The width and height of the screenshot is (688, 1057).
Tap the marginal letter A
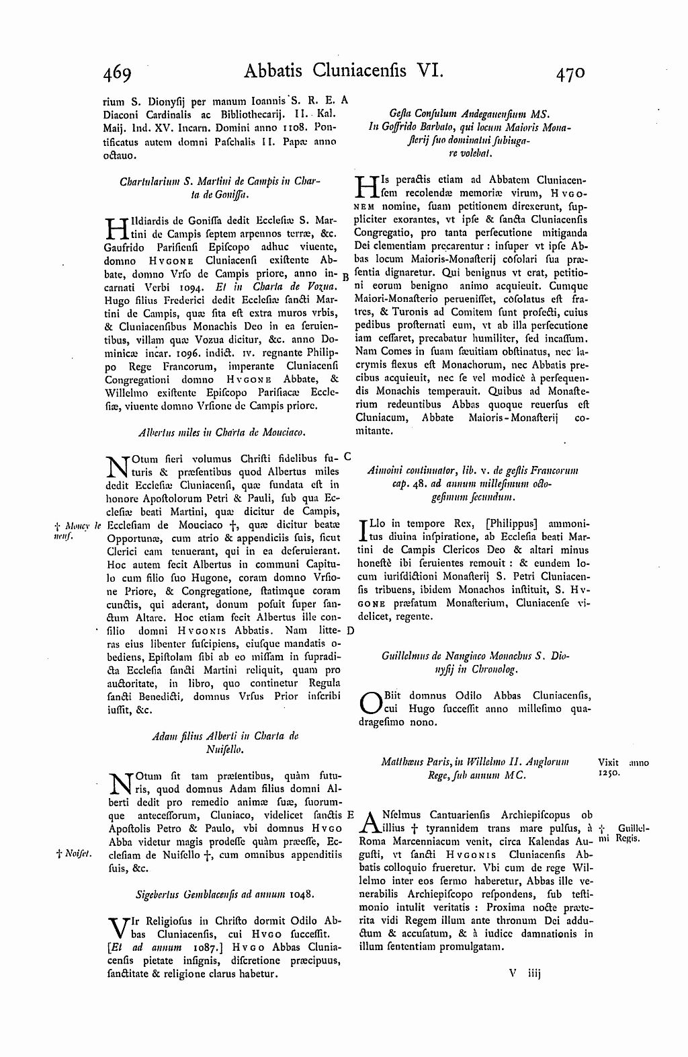[345, 100]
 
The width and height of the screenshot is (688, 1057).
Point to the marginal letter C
[348, 456]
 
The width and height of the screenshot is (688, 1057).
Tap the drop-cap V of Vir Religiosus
[117, 927]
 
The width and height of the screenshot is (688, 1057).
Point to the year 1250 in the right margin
[608, 774]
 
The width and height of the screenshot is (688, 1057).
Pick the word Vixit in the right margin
[607, 762]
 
